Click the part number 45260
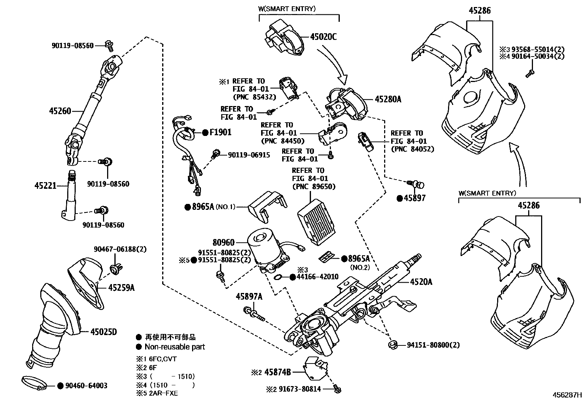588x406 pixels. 60,111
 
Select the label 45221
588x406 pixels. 45,186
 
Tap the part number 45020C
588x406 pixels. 324,37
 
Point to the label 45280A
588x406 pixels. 388,99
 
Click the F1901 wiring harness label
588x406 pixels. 220,132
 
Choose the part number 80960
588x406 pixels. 223,242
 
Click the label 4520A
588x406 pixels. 421,282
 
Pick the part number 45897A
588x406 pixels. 249,297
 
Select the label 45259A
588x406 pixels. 121,288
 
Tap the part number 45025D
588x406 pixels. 103,332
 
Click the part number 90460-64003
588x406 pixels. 86,386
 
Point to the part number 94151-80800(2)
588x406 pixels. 433,345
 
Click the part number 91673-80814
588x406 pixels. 300,389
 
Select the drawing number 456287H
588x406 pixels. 567,395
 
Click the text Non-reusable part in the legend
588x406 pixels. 175,347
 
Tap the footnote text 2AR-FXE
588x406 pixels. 163,393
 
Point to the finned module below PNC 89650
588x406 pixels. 317,222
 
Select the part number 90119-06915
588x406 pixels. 249,155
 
